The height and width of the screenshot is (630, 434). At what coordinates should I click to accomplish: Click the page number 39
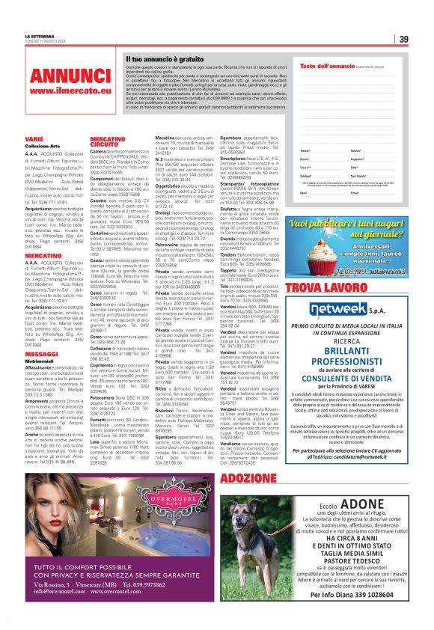[403, 39]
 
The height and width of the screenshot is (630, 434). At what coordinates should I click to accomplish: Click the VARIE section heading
[34, 138]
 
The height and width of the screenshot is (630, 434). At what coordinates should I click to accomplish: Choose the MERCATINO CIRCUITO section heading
[107, 142]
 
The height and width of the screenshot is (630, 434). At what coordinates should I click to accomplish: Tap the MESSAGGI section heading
[41, 354]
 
